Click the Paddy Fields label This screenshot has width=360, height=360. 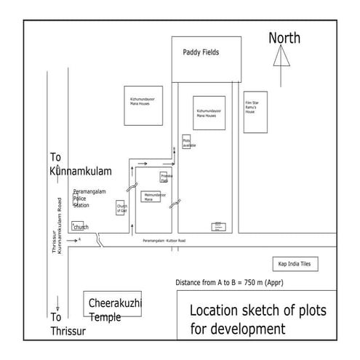[201, 52]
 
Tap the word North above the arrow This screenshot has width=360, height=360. [284, 38]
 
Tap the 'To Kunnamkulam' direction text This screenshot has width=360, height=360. [80, 164]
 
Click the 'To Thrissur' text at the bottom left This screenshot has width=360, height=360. [67, 324]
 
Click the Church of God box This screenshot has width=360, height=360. [121, 208]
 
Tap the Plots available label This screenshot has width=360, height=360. [188, 142]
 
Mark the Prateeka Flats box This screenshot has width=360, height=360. [167, 177]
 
